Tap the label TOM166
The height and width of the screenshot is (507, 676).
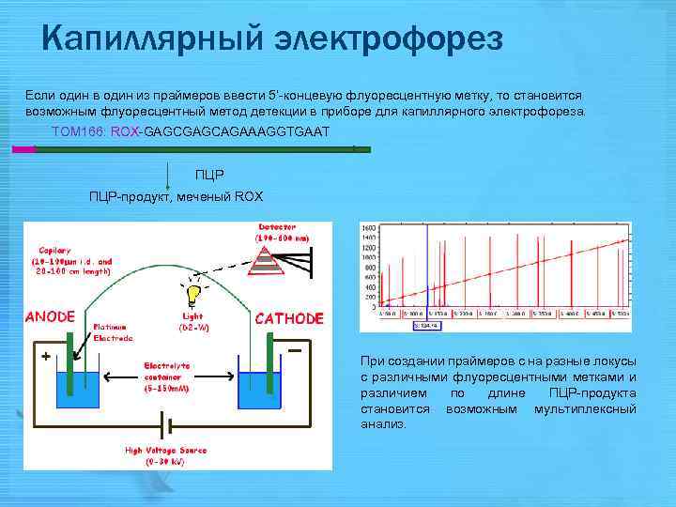pyautogui.click(x=79, y=131)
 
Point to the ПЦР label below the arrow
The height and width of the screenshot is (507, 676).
pyautogui.click(x=210, y=176)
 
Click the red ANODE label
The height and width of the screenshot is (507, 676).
pyautogui.click(x=50, y=317)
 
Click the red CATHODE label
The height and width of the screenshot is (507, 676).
pyautogui.click(x=289, y=318)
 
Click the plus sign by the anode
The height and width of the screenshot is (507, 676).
pyautogui.click(x=44, y=357)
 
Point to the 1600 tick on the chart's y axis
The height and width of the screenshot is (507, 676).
pyautogui.click(x=370, y=228)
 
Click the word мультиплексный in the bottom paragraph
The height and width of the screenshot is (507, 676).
pyautogui.click(x=584, y=408)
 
